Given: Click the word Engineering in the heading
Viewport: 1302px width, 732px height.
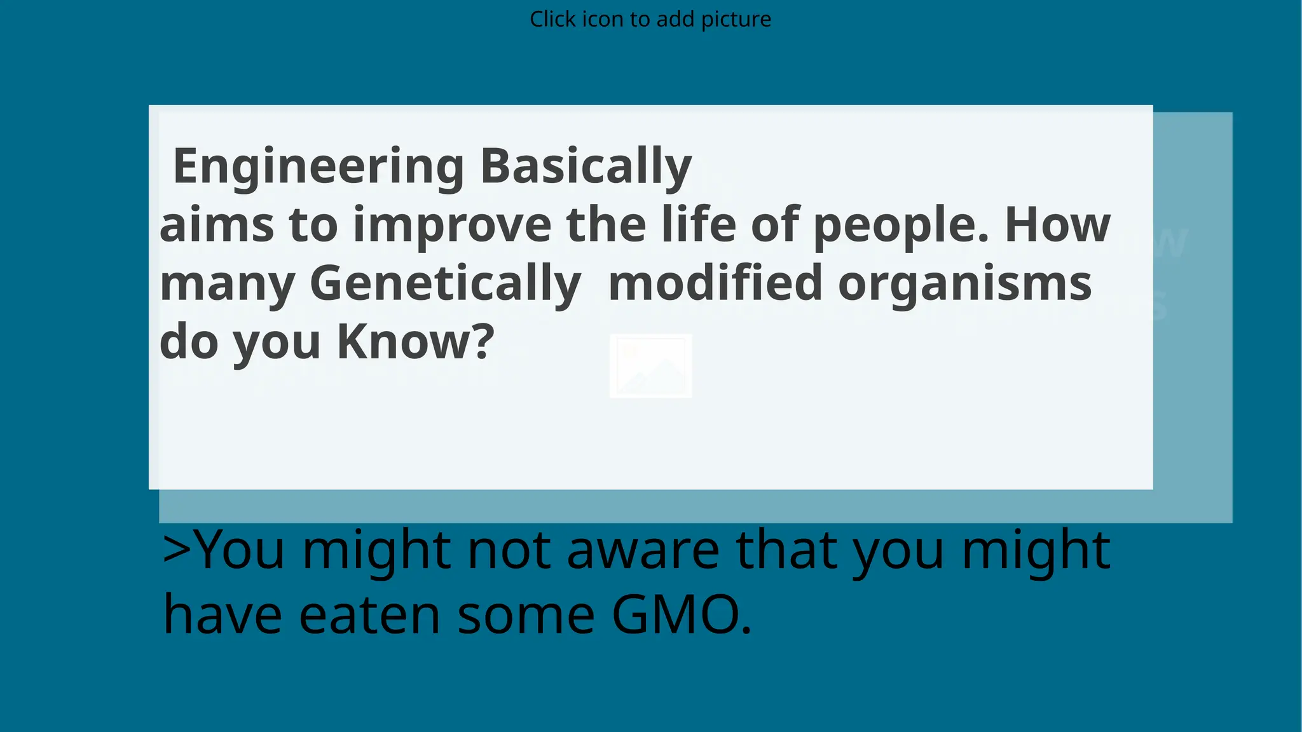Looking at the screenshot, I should pos(319,166).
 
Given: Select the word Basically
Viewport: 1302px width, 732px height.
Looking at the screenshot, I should pos(586,166).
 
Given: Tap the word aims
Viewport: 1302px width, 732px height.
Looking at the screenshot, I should pos(217,225).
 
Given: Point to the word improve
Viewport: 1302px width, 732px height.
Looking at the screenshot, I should pos(452,225).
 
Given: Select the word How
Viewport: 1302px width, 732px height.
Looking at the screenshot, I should pos(1057,225).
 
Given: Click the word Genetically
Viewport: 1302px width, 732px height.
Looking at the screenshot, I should pos(445,283).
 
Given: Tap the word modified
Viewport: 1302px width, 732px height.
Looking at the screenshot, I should pos(716,283).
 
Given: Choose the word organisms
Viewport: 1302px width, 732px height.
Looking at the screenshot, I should pos(965,283).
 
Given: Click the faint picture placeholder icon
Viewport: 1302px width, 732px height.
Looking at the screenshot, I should pos(650,366).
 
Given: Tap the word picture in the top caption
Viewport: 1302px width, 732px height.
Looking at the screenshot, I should pos(736,19).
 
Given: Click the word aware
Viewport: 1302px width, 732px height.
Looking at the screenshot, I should pos(643,550).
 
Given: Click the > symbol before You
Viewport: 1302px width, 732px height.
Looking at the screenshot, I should pos(177,550).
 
